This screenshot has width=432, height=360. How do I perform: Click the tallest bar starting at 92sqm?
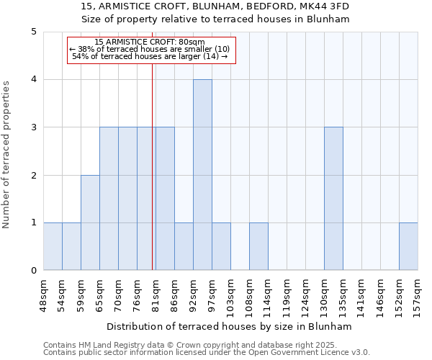[x=202, y=175]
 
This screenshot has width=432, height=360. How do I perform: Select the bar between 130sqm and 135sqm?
[x=333, y=199]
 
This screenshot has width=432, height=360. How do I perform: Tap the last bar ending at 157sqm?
[x=408, y=246]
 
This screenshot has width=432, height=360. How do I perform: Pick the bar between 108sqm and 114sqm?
[x=258, y=246]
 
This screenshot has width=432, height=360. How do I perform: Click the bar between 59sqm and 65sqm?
[x=90, y=222]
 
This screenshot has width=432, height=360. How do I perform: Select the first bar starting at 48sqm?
[x=53, y=246]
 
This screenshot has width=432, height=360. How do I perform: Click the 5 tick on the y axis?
[x=34, y=32]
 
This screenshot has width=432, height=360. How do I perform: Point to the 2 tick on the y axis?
[x=34, y=175]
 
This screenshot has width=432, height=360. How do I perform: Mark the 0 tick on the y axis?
[x=34, y=271]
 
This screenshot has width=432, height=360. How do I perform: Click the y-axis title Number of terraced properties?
[x=7, y=154]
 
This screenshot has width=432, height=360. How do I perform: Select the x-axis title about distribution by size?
[x=230, y=326]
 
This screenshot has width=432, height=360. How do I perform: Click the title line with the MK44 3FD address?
[x=216, y=6]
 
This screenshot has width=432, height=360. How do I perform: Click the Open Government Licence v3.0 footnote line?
[x=207, y=353]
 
